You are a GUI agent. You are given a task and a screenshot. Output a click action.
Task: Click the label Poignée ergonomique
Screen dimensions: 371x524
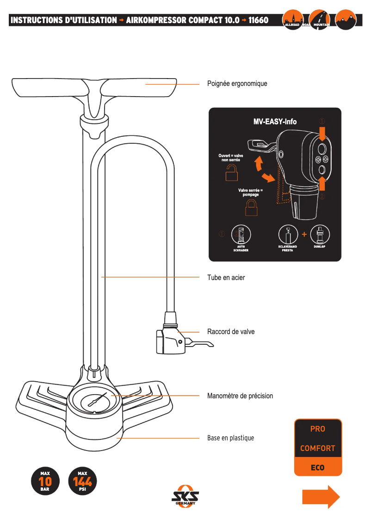click(x=237, y=84)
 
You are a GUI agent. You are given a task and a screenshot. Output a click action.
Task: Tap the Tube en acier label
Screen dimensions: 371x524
click(x=226, y=278)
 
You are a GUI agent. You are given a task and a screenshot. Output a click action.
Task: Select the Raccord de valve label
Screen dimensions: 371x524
click(x=230, y=332)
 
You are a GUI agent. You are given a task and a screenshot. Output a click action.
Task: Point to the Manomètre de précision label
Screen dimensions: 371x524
click(x=240, y=396)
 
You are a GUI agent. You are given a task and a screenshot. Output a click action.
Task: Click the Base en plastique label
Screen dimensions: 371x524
click(x=230, y=438)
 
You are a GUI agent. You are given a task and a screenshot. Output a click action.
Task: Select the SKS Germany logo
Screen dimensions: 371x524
click(x=185, y=496)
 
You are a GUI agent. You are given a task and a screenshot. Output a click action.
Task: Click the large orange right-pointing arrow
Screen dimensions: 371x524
click(x=321, y=497)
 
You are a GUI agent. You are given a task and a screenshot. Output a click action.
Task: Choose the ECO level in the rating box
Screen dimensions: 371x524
click(x=318, y=468)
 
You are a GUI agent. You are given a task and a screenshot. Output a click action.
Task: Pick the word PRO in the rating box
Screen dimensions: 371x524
click(x=318, y=429)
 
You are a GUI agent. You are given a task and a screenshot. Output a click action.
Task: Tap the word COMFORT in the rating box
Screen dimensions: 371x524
click(x=318, y=448)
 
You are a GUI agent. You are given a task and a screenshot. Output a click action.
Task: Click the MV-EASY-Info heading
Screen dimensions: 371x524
click(x=275, y=122)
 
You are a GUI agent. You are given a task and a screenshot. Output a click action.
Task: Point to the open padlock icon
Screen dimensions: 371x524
click(x=231, y=174)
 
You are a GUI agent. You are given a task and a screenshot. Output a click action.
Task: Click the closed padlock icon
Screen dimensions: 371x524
click(x=251, y=208)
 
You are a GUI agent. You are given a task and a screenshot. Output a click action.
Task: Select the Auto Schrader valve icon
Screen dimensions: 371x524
click(x=241, y=235)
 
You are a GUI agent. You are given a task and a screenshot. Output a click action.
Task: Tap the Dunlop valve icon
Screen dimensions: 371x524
click(x=320, y=235)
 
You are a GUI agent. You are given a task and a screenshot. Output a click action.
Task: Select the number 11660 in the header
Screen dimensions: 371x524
click(x=258, y=20)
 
